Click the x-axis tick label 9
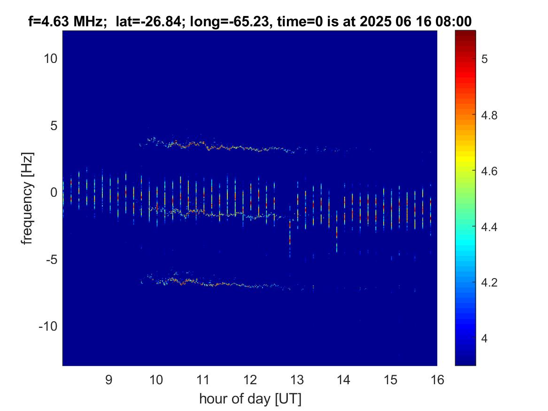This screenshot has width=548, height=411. [108, 380]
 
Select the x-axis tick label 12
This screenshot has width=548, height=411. [250, 380]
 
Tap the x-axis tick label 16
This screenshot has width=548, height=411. [437, 380]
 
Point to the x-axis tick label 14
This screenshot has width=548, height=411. [344, 380]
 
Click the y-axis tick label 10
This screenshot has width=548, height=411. [50, 59]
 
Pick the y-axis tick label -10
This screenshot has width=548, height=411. [48, 326]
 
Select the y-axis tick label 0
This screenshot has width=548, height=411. [54, 192]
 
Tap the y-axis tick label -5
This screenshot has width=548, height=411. [51, 260]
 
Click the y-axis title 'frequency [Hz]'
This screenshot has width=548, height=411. [27, 198]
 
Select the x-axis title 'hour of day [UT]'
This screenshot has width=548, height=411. [250, 399]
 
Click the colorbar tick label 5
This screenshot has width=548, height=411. [485, 59]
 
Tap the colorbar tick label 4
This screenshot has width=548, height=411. [485, 338]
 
